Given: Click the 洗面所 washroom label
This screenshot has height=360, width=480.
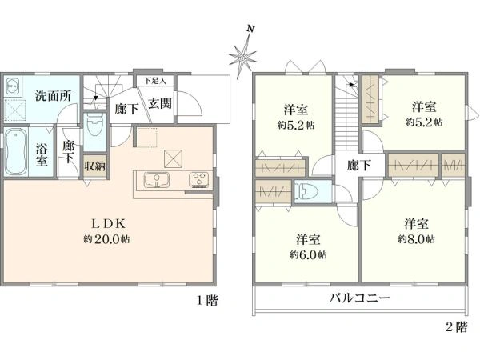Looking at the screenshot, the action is click(x=54, y=96).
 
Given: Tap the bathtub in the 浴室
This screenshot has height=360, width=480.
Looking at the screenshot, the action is click(x=16, y=152).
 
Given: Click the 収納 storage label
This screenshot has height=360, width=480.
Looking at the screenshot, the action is click(x=95, y=166).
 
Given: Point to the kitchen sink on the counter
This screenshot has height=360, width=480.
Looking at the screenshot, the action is click(x=157, y=179).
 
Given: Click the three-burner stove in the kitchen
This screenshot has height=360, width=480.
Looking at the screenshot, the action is click(x=199, y=180).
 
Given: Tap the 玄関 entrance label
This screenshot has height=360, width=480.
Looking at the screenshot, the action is click(x=160, y=104).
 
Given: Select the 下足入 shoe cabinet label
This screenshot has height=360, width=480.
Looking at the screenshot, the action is click(x=155, y=81).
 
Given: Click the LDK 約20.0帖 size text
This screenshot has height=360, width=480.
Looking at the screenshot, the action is click(x=106, y=238).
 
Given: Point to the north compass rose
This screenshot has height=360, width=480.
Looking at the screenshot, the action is click(x=242, y=57).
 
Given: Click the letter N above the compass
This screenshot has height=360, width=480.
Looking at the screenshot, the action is click(x=250, y=29).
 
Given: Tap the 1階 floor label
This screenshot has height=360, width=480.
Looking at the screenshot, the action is click(x=207, y=300).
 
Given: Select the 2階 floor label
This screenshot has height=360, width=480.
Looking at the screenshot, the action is click(x=457, y=327).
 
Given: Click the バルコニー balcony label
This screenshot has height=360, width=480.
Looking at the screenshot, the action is click(x=360, y=298).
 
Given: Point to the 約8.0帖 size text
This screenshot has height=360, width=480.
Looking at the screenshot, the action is click(x=416, y=238).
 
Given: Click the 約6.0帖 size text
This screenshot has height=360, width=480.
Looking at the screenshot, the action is click(x=308, y=254).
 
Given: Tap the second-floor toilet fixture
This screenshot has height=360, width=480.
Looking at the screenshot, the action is click(x=306, y=192).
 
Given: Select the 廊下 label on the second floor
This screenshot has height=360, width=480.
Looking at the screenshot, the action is click(x=358, y=166).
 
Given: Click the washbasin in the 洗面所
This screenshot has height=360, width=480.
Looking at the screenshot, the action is click(x=13, y=86).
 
